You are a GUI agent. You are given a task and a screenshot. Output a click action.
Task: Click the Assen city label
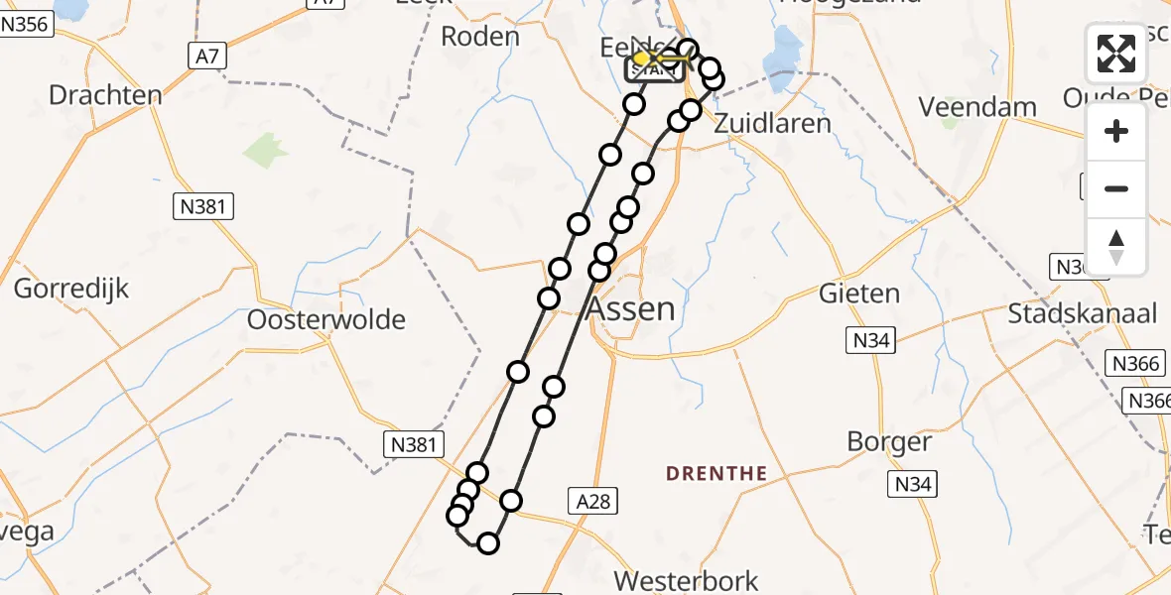click(x=631, y=308)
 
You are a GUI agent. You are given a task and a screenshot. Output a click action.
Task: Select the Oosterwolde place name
click(x=325, y=319)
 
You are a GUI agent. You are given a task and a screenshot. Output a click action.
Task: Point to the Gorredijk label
click(x=71, y=290)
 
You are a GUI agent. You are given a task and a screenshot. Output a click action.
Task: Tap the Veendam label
click(x=964, y=106)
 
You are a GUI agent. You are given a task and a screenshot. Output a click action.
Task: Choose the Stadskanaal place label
click(x=1082, y=314)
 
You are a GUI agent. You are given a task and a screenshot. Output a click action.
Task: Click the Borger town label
click(x=890, y=441)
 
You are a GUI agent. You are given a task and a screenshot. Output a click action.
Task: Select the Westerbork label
click(x=686, y=580)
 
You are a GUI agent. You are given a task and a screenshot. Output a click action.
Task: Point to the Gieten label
click(x=859, y=293)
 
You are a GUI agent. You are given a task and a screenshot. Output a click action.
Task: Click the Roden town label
click(x=479, y=37)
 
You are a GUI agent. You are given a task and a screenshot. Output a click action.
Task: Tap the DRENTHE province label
click(x=716, y=473)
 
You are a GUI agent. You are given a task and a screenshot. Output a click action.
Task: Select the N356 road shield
click(x=26, y=25)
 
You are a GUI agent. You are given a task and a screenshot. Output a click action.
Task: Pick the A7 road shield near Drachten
click(x=206, y=58)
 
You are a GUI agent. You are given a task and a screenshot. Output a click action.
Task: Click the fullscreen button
click(x=1116, y=54)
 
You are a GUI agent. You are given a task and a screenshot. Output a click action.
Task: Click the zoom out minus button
click(x=1116, y=188)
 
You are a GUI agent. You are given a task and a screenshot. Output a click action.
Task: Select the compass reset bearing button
click(x=1116, y=246)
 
